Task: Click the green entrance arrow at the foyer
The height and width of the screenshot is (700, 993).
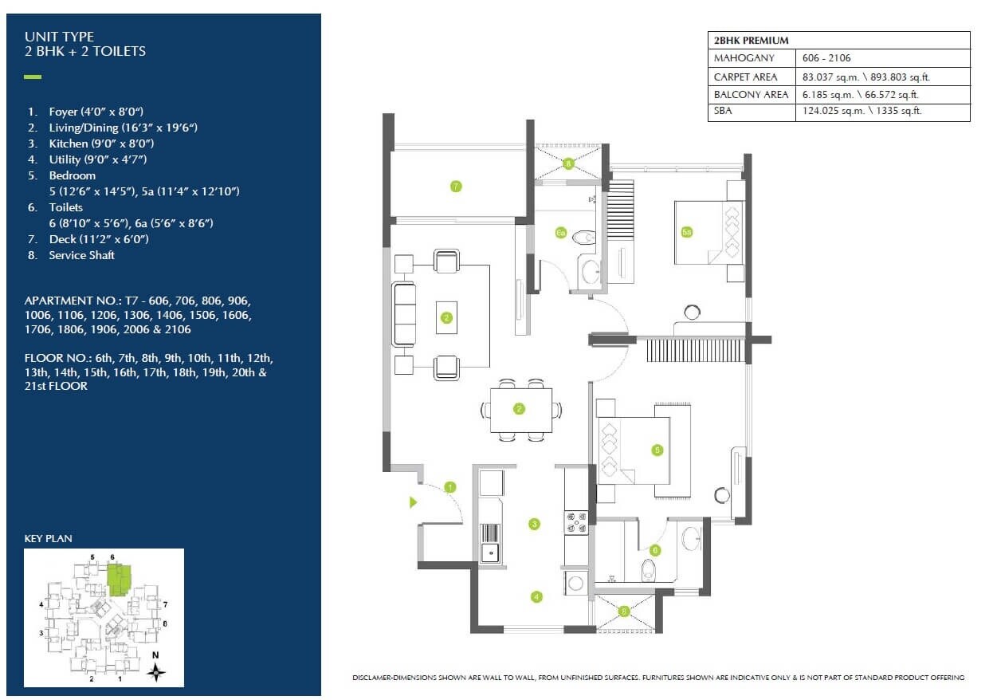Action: click(413, 502)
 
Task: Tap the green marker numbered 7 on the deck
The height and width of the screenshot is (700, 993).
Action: click(455, 187)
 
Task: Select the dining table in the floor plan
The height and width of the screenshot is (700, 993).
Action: click(520, 409)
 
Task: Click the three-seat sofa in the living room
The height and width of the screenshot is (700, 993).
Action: click(403, 314)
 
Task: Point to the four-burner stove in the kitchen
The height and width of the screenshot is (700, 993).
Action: click(576, 522)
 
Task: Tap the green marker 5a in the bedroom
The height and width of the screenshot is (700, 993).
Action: click(687, 232)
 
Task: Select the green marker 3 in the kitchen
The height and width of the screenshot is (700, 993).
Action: click(534, 524)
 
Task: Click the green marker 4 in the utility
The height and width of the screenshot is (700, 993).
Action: click(536, 596)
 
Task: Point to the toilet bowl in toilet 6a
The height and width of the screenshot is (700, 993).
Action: click(586, 237)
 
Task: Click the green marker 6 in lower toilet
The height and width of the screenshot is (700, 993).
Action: click(655, 550)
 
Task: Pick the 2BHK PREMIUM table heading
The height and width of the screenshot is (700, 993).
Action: click(751, 40)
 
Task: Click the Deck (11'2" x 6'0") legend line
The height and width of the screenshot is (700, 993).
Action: click(99, 239)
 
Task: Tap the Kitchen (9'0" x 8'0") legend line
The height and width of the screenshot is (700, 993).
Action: click(101, 144)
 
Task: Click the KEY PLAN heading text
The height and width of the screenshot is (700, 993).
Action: click(49, 539)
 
